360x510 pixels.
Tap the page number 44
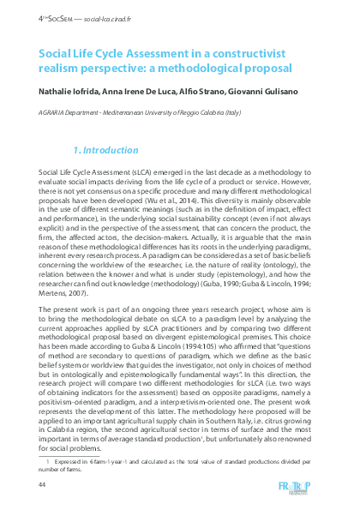[43, 484]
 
